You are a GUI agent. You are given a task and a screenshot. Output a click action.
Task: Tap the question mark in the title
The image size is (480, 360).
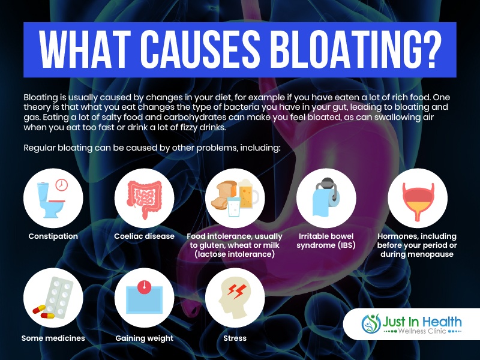(x=431, y=50)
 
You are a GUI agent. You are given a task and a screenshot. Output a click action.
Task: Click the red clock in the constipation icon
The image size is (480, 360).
(x=62, y=185)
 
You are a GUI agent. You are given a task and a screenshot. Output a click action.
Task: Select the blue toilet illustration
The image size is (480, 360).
(x=49, y=200)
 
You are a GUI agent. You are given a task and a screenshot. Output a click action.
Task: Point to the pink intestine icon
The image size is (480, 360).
(x=144, y=199)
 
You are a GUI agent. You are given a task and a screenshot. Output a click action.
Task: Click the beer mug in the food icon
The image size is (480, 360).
(x=248, y=194)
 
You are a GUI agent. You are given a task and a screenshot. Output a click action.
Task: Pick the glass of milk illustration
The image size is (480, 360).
(x=234, y=206)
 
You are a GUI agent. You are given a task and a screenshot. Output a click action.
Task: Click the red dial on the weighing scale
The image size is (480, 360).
(x=144, y=287)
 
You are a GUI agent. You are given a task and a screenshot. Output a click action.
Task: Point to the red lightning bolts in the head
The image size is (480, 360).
(x=236, y=291)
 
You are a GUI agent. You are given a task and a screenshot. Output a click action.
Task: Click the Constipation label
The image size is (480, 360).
(x=53, y=236)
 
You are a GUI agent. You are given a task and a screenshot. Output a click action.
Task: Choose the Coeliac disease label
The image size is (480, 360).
(x=144, y=236)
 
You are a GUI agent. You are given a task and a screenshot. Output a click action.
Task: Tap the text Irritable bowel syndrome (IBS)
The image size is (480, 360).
(x=326, y=241)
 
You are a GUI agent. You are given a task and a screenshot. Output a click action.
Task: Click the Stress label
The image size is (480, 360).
(x=235, y=338)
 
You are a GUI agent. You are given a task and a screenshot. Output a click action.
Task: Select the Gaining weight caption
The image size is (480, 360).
(x=144, y=338)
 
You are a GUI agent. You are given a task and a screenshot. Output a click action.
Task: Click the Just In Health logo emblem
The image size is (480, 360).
(x=371, y=323)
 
